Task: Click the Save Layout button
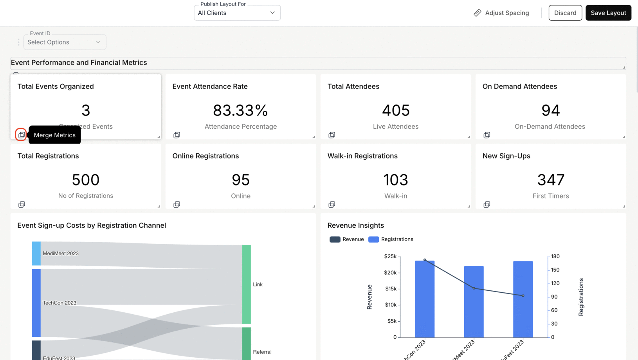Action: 608,13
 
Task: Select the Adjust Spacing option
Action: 501,13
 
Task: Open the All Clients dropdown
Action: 237,13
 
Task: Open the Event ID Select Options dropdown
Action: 65,42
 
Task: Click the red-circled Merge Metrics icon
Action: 21,135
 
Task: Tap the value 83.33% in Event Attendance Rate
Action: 240,110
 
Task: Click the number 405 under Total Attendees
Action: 395,110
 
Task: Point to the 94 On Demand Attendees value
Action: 550,110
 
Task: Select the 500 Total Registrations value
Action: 85,180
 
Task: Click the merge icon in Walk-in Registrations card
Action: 332,205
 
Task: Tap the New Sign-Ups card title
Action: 506,156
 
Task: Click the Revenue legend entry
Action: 347,239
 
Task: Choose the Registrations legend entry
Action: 391,239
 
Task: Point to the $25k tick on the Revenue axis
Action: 390,256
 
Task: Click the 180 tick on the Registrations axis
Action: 555,256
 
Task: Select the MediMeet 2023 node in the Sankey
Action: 36,254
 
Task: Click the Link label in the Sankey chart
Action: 258,284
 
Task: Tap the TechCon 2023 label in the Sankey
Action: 59,303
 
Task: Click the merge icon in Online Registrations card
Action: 177,205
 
